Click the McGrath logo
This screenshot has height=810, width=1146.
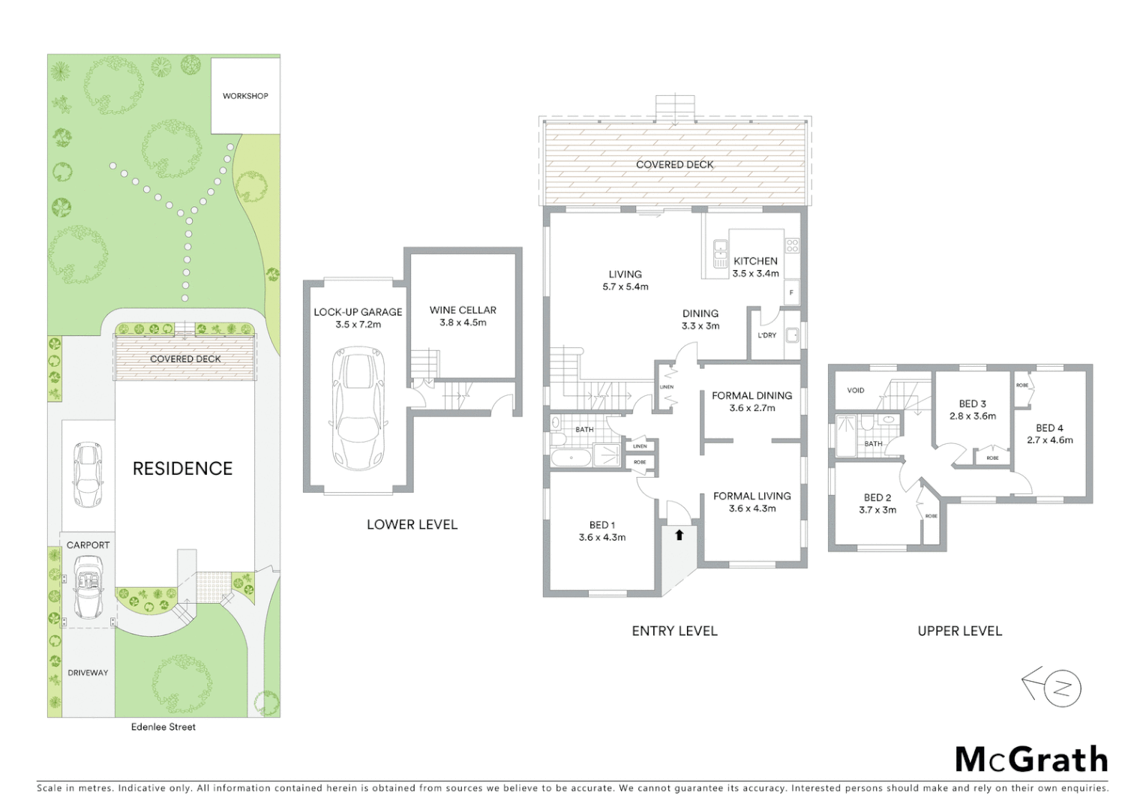point(1031,759)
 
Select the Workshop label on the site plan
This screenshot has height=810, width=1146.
point(245,96)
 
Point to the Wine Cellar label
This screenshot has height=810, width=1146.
point(463,316)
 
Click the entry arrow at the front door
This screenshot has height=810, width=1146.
point(679,535)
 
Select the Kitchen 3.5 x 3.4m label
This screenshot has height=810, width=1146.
point(755,267)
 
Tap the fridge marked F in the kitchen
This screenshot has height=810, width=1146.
point(791,292)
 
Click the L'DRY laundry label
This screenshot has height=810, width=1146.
point(766,335)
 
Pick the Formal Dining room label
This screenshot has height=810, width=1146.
point(751,401)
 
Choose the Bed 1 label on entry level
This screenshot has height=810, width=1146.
point(601,531)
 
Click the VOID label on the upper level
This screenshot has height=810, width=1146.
point(855,391)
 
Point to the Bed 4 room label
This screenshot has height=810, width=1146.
point(1049,433)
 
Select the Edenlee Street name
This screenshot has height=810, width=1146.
point(163,727)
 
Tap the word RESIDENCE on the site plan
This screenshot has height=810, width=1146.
point(182,469)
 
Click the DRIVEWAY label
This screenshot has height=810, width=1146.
point(88,673)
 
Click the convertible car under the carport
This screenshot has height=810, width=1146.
point(88,590)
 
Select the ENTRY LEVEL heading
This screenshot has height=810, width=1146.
point(674,631)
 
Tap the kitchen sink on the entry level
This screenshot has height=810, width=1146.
point(721,253)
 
